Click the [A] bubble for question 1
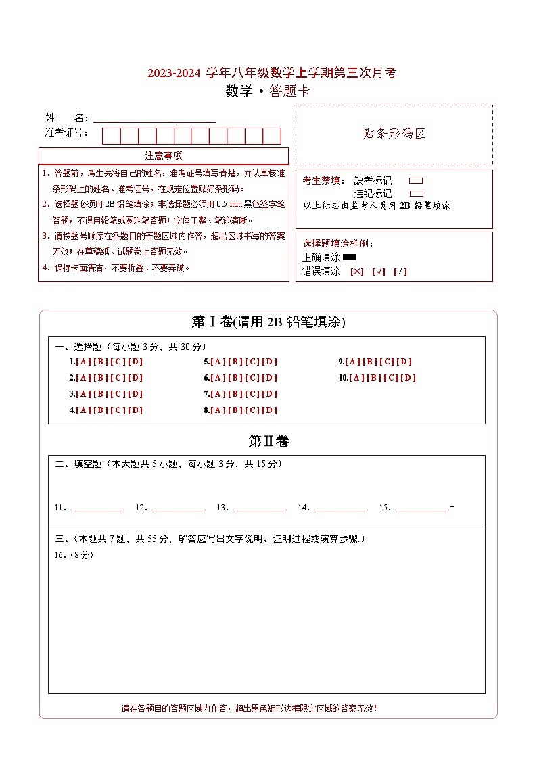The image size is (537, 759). click(x=83, y=362)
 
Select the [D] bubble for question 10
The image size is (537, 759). click(x=408, y=378)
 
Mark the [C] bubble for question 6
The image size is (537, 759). click(x=252, y=378)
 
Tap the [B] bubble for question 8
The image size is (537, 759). click(x=235, y=410)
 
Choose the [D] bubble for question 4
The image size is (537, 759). click(x=135, y=410)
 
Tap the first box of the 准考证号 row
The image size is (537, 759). click(x=111, y=136)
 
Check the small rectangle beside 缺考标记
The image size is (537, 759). click(x=417, y=181)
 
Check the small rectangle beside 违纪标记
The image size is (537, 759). click(x=417, y=193)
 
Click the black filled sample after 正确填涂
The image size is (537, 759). click(x=350, y=257)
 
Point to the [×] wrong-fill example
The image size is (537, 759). click(x=357, y=272)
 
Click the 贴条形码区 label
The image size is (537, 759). click(x=394, y=134)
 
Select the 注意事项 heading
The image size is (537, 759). click(x=163, y=155)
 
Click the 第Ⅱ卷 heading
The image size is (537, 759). click(x=268, y=441)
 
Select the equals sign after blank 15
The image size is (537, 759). click(x=452, y=508)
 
